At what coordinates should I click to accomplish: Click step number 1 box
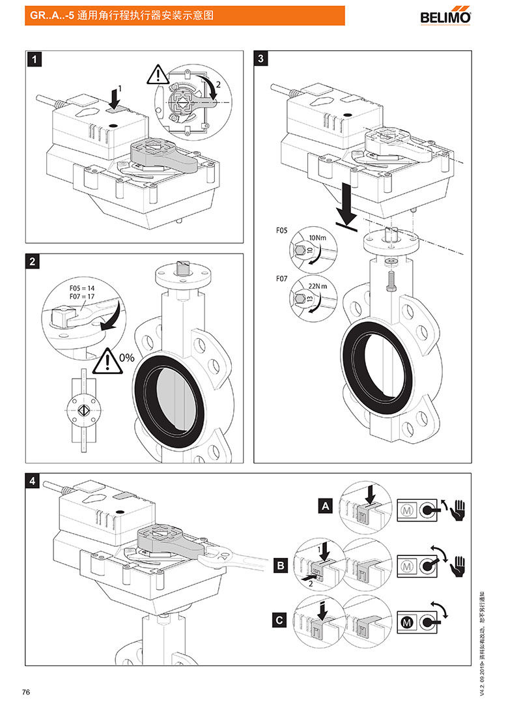pyautogui.click(x=36, y=59)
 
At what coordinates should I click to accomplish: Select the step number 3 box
pyautogui.click(x=261, y=59)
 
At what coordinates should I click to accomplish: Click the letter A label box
pyautogui.click(x=324, y=504)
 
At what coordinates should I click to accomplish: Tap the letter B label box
pyautogui.click(x=280, y=566)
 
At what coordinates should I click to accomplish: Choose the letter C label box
pyautogui.click(x=280, y=620)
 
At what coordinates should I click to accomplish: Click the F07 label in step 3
pyautogui.click(x=281, y=278)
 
